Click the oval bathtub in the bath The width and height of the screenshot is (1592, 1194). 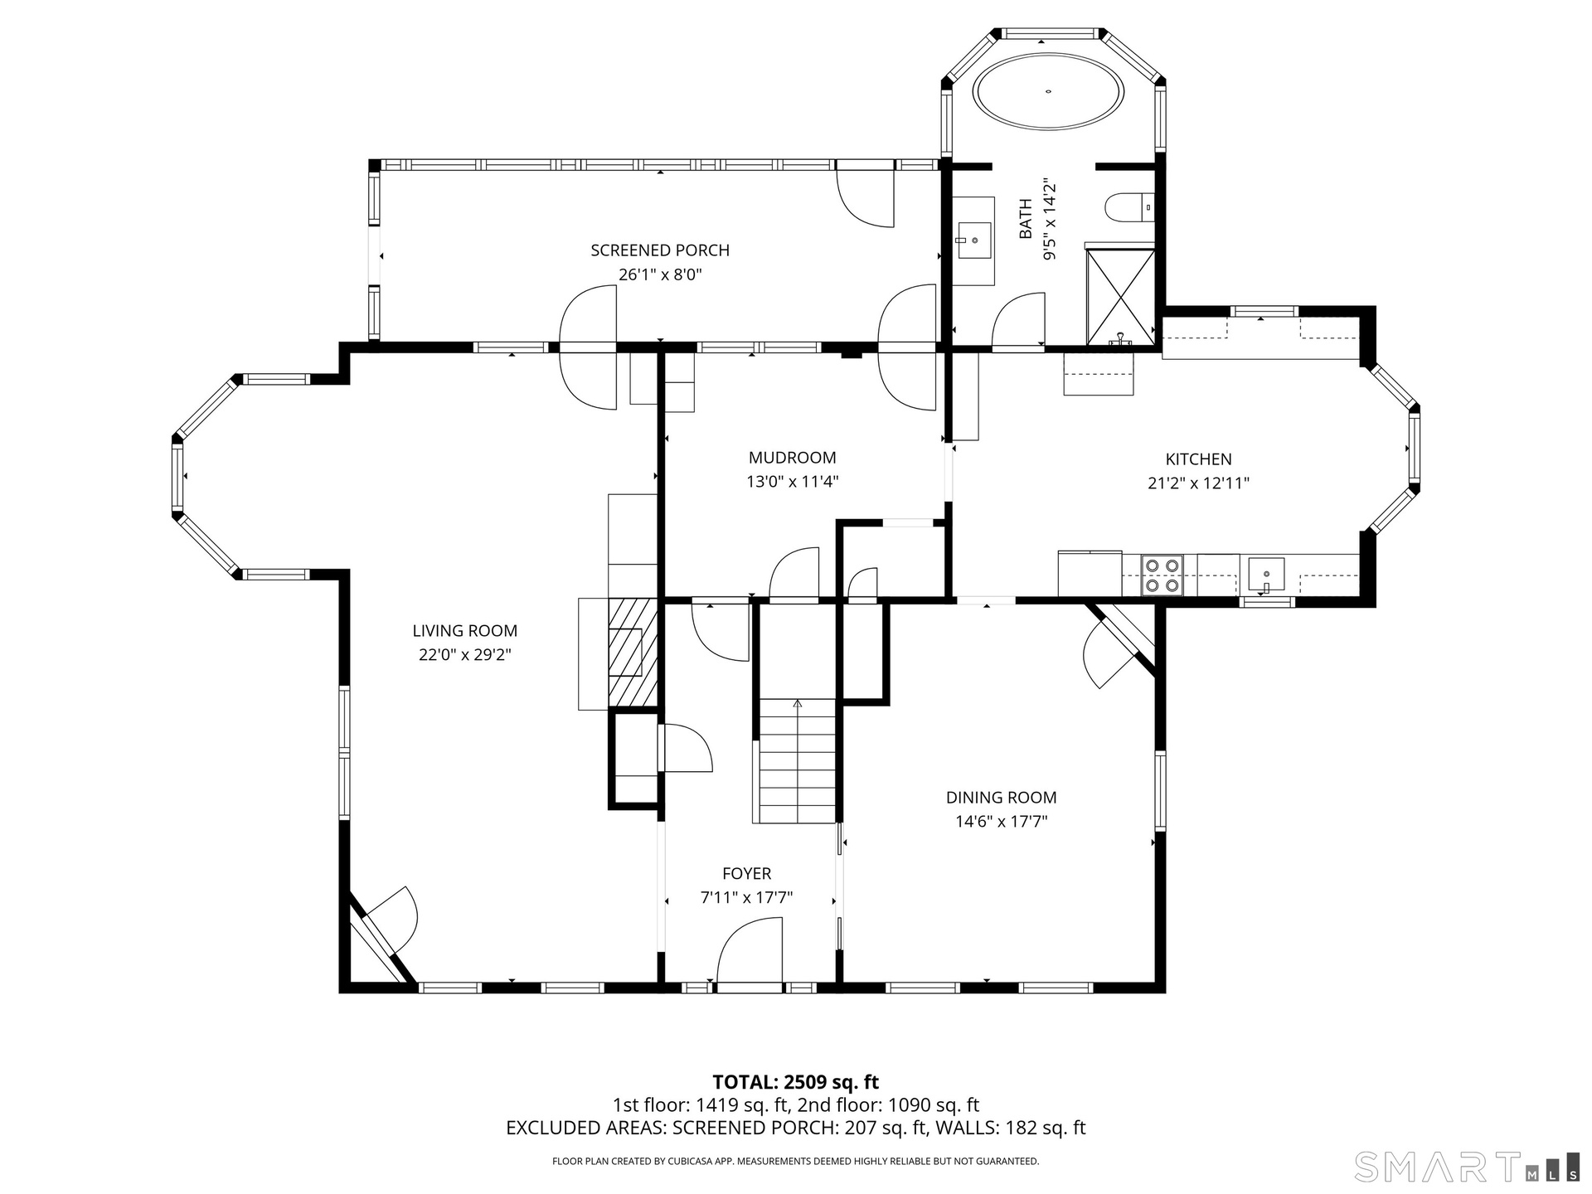click(x=1049, y=92)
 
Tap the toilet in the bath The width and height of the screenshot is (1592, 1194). click(x=1129, y=207)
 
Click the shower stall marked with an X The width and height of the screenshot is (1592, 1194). click(x=1120, y=296)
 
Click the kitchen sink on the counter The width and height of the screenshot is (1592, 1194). click(x=1266, y=575)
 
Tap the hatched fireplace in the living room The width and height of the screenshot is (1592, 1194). click(x=633, y=653)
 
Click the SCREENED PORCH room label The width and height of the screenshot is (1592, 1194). click(x=660, y=250)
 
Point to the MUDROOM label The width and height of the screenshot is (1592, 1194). click(x=793, y=458)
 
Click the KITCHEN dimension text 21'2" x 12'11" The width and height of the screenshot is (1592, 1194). click(x=1199, y=483)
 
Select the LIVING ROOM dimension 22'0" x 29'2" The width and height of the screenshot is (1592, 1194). click(x=464, y=655)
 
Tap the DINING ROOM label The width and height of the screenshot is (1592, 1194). click(x=1002, y=798)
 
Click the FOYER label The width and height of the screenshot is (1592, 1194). click(x=747, y=873)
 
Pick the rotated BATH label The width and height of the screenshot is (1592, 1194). click(x=1026, y=219)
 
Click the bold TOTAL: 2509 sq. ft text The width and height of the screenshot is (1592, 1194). click(x=796, y=1082)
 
